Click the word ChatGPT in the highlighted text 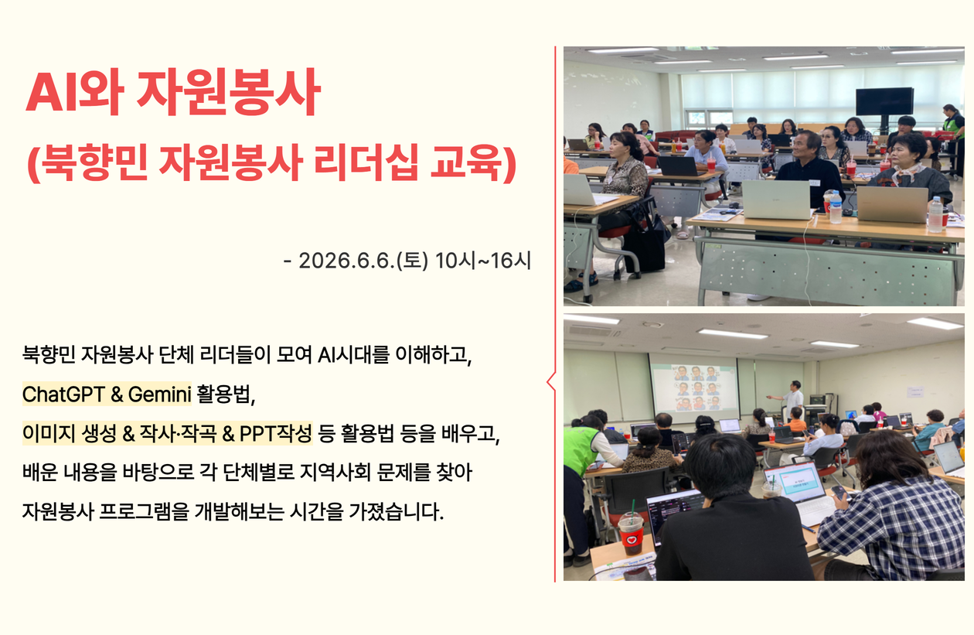tap(63, 394)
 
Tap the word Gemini tap(159, 394)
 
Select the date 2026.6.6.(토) tap(363, 261)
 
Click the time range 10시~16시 tap(483, 261)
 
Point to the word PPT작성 tap(276, 433)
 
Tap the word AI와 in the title tap(75, 92)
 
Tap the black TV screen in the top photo tap(884, 101)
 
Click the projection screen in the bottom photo tap(694, 386)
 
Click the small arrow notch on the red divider tap(550, 382)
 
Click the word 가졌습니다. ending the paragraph tap(396, 511)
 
